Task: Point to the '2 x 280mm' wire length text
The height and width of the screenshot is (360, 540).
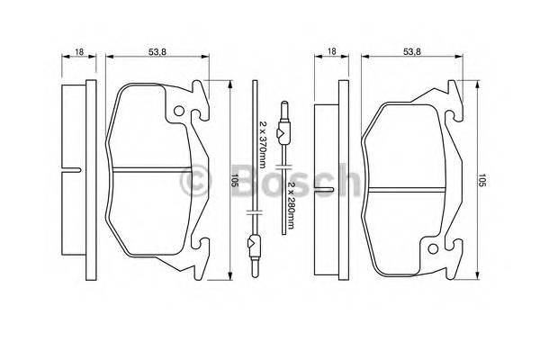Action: [x=291, y=194]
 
